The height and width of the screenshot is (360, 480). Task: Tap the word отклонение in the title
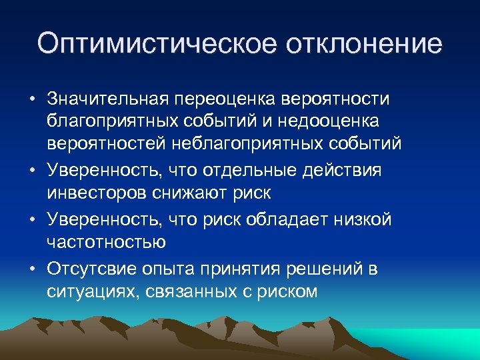[364, 44]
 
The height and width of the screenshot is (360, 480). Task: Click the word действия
[341, 170]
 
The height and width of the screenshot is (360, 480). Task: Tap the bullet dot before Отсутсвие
[31, 269]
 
